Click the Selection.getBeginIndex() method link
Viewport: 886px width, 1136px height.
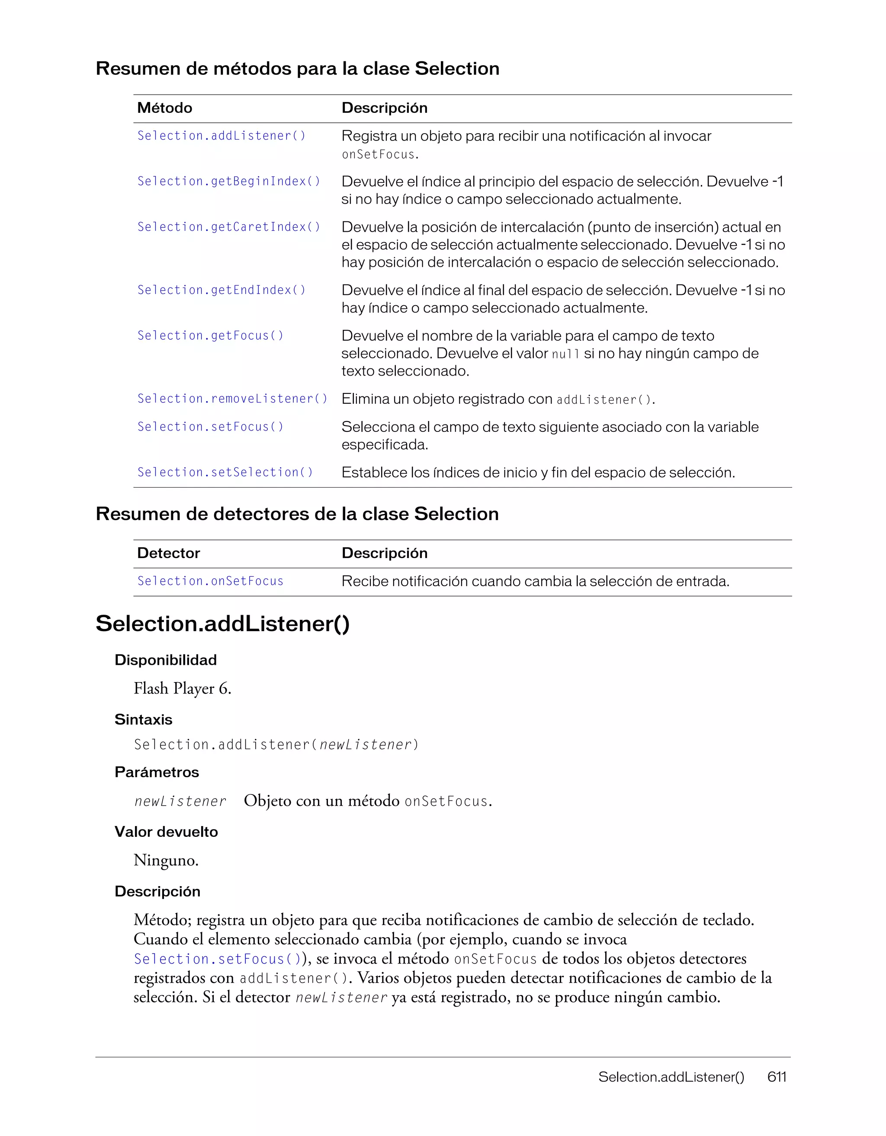click(x=228, y=181)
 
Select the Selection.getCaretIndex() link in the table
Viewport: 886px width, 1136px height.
click(x=228, y=227)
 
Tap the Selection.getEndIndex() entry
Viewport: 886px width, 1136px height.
click(x=221, y=290)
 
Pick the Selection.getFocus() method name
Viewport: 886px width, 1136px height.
click(x=210, y=335)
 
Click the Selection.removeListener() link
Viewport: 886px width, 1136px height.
click(x=232, y=399)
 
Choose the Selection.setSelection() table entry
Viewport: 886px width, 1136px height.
click(x=225, y=472)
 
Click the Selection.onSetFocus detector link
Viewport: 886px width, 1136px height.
click(x=210, y=581)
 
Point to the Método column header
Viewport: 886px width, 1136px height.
click(x=164, y=108)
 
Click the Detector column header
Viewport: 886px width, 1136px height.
click(x=168, y=553)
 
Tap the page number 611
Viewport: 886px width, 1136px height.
click(x=776, y=1077)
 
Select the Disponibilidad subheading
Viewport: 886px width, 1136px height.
click(x=166, y=660)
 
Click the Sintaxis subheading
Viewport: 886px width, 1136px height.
click(x=143, y=720)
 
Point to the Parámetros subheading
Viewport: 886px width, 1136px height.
click(x=157, y=772)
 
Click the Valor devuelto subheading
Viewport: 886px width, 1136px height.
click(x=166, y=832)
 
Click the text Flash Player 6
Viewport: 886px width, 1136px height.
click(x=182, y=689)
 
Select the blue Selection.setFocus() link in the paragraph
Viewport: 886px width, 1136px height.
click(x=217, y=959)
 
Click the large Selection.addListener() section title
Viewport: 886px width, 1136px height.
click(x=222, y=624)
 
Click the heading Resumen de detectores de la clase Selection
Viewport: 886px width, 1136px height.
click(x=297, y=514)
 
